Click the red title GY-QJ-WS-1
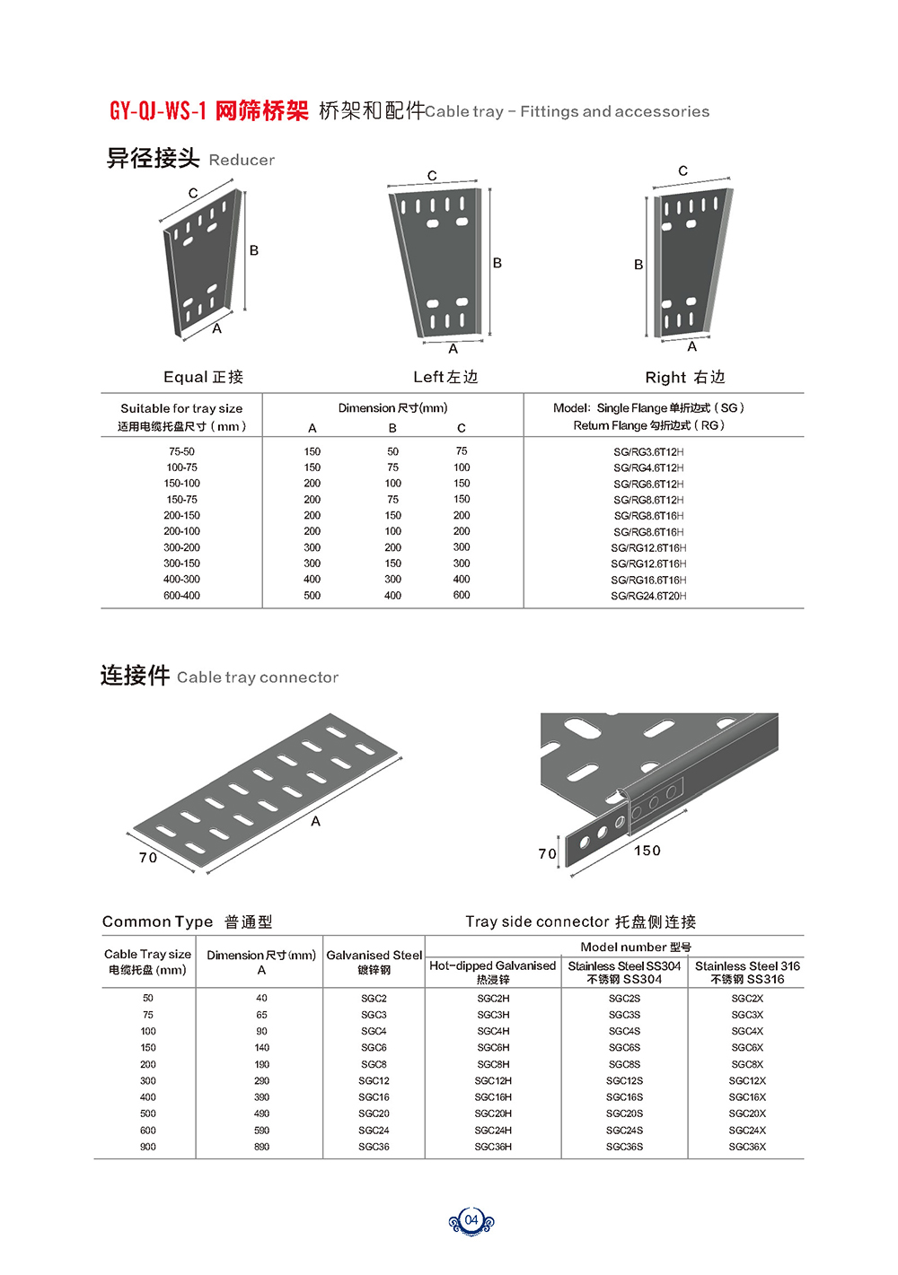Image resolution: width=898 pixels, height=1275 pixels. [158, 111]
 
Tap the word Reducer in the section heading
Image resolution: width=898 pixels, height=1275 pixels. [242, 160]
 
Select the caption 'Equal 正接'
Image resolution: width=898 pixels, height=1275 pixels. [204, 377]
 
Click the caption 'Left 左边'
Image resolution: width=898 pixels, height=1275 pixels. [445, 377]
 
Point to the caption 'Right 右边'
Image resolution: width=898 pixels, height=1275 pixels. [685, 377]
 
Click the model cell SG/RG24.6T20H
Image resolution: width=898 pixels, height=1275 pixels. [648, 596]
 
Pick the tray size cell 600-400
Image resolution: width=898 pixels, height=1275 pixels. [181, 596]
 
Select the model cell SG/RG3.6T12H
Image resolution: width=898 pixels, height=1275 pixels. [648, 452]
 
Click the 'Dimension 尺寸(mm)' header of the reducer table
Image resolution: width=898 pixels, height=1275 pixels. [392, 408]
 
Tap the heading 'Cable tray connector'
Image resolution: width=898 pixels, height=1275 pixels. [258, 677]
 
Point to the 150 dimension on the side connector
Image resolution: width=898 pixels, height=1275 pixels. [647, 851]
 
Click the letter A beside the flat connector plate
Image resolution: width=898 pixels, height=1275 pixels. [316, 821]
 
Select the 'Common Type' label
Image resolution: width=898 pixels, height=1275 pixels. [158, 921]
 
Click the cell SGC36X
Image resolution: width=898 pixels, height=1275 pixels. [747, 1147]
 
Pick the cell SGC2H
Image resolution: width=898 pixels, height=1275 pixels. [493, 999]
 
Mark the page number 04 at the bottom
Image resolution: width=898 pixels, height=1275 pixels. [471, 1220]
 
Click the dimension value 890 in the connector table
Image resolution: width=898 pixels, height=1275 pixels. [261, 1147]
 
